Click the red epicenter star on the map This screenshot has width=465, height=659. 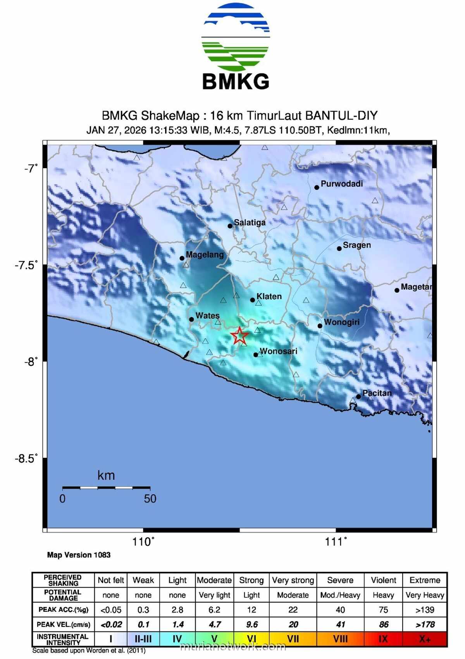tap(239, 335)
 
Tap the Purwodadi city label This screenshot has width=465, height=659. tap(342, 184)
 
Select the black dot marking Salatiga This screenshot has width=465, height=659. tap(230, 226)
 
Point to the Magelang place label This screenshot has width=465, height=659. tap(205, 255)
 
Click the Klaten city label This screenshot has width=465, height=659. tap(269, 297)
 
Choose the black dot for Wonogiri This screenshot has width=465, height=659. tap(320, 326)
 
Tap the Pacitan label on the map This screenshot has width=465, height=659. tap(377, 393)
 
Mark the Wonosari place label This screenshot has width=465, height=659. tap(278, 351)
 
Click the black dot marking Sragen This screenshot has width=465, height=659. tap(339, 248)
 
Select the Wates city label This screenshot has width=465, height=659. tap(207, 316)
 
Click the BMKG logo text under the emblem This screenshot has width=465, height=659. tap(236, 81)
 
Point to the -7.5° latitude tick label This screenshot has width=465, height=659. tap(26, 265)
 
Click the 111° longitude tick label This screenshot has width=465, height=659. tap(336, 542)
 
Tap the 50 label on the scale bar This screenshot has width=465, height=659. tap(150, 499)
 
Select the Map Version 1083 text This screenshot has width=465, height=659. tap(79, 555)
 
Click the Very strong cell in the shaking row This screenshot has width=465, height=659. tap(293, 580)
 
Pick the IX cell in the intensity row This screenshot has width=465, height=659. tap(383, 639)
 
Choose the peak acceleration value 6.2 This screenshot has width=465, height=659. tap(214, 610)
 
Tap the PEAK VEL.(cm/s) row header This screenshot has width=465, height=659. tap(63, 624)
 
